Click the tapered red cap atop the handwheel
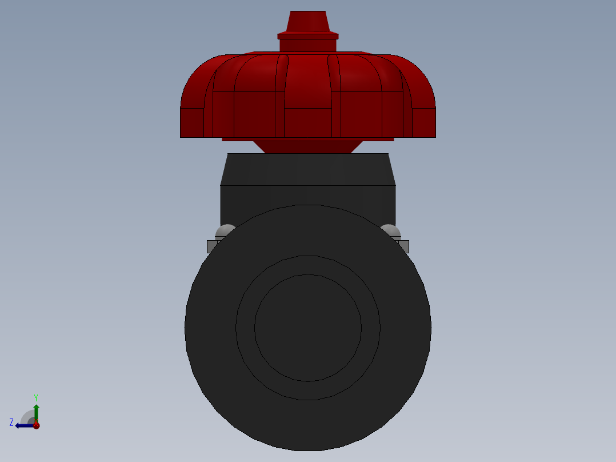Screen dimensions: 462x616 click(307, 22)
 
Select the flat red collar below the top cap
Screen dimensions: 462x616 click(307, 36)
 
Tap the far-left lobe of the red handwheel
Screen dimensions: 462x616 click(193, 109)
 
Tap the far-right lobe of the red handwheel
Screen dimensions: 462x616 click(423, 109)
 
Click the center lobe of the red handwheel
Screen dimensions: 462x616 click(307, 86)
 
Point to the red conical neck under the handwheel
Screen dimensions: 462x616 click(307, 146)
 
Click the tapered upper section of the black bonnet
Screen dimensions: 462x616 click(307, 169)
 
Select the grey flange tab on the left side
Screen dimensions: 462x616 click(211, 246)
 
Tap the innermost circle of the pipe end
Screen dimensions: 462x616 click(307, 328)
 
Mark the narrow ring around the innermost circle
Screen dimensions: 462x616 click(307, 265)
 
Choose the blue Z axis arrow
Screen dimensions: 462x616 click(23, 425)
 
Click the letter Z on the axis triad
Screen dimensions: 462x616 click(11, 423)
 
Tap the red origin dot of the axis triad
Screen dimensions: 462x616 click(36, 425)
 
